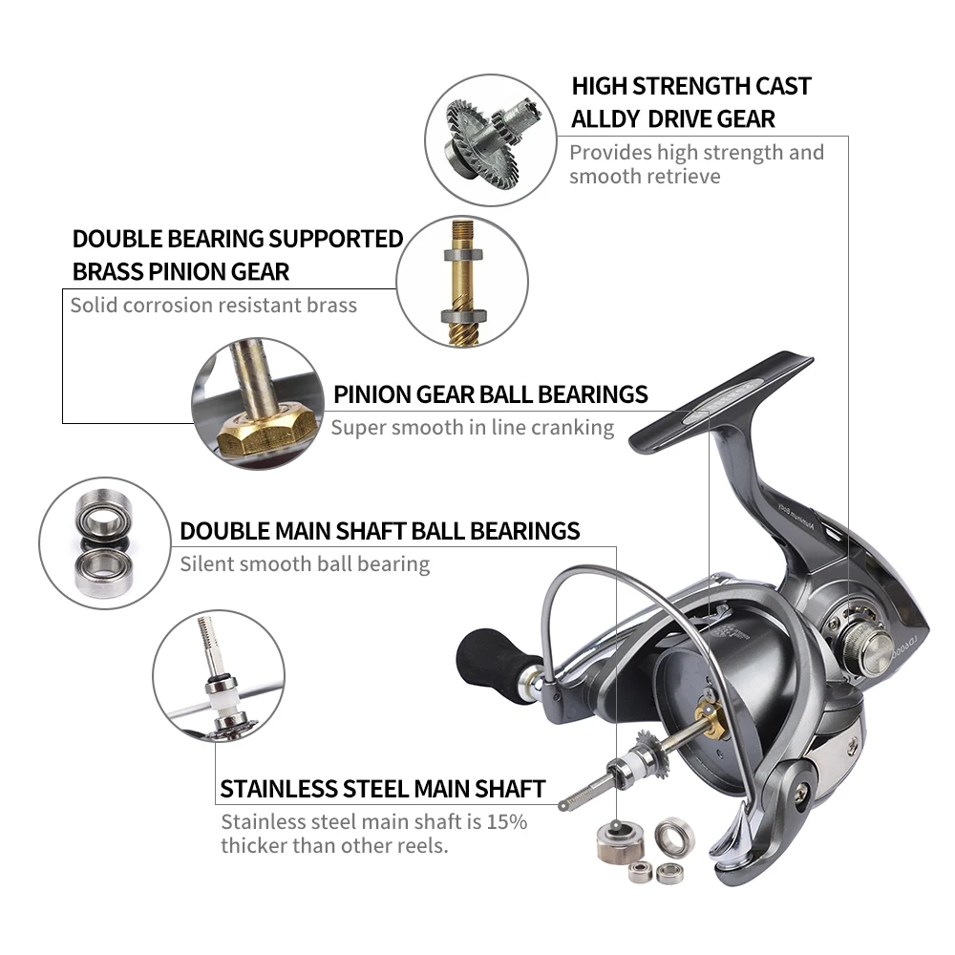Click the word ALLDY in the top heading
pyautogui.click(x=605, y=118)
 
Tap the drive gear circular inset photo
pyautogui.click(x=490, y=140)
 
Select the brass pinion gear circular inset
pyautogui.click(x=462, y=282)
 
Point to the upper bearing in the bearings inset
pyautogui.click(x=104, y=516)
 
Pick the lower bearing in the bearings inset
pyautogui.click(x=103, y=570)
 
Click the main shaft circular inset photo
pyautogui.click(x=219, y=675)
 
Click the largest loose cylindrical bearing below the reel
pyautogui.click(x=621, y=841)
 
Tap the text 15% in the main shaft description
pyautogui.click(x=507, y=821)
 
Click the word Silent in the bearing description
pyautogui.click(x=204, y=563)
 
